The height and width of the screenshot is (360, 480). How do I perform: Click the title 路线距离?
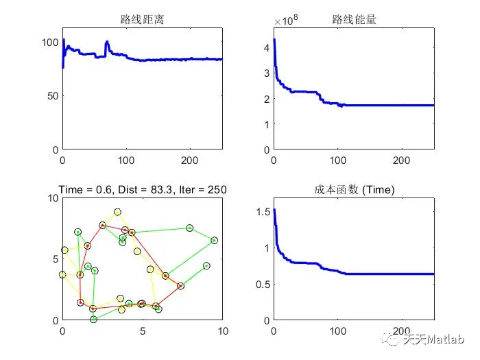click(141, 20)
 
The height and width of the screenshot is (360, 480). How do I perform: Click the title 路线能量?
click(353, 20)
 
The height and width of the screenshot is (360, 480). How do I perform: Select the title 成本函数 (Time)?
click(354, 190)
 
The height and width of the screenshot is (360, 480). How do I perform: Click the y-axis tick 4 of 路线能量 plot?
click(264, 48)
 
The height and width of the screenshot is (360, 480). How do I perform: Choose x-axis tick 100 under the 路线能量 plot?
click(337, 160)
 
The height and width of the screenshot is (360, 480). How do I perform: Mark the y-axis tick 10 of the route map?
click(52, 198)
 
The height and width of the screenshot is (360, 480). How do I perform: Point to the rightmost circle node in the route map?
click(215, 240)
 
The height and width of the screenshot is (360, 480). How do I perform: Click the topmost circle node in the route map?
click(118, 212)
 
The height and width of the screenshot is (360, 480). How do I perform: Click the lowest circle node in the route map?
click(94, 319)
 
